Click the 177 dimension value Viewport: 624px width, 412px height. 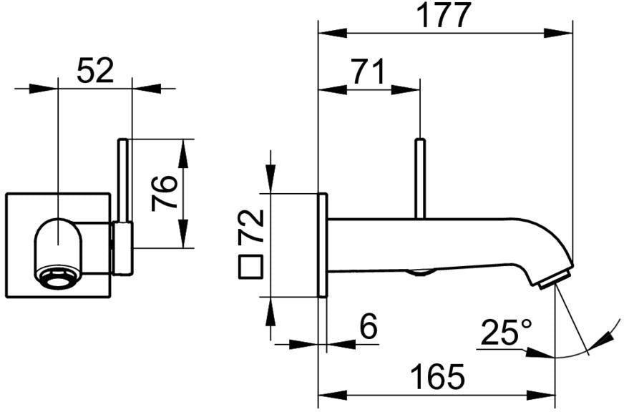click(x=446, y=15)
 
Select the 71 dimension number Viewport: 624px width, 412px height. click(x=369, y=72)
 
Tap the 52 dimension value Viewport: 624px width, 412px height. click(x=95, y=70)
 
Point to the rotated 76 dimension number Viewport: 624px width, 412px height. click(x=164, y=193)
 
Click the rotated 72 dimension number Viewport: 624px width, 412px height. click(x=251, y=226)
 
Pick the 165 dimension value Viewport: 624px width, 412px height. click(x=437, y=377)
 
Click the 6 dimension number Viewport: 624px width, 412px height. click(x=368, y=327)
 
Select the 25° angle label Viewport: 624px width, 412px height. click(x=506, y=332)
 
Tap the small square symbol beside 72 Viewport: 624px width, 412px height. click(x=250, y=267)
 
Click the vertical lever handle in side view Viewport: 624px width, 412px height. click(x=420, y=178)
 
